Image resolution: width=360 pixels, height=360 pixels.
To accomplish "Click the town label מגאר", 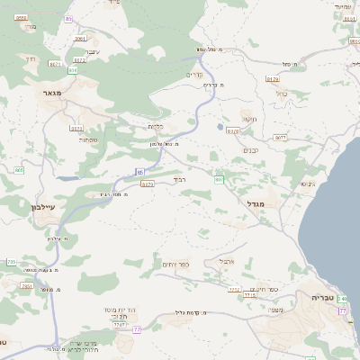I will (x=50, y=92).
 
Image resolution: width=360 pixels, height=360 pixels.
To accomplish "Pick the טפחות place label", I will (x=87, y=139).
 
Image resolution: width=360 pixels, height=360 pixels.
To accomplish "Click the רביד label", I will (x=180, y=179).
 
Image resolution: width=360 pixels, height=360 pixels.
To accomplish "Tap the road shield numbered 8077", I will (x=280, y=138).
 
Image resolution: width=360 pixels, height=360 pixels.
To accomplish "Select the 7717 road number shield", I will (x=234, y=290).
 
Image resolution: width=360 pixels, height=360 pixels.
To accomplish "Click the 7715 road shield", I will (x=249, y=295).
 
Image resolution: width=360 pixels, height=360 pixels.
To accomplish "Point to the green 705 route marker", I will (x=11, y=262).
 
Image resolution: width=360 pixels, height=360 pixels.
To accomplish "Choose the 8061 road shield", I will (x=80, y=39).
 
